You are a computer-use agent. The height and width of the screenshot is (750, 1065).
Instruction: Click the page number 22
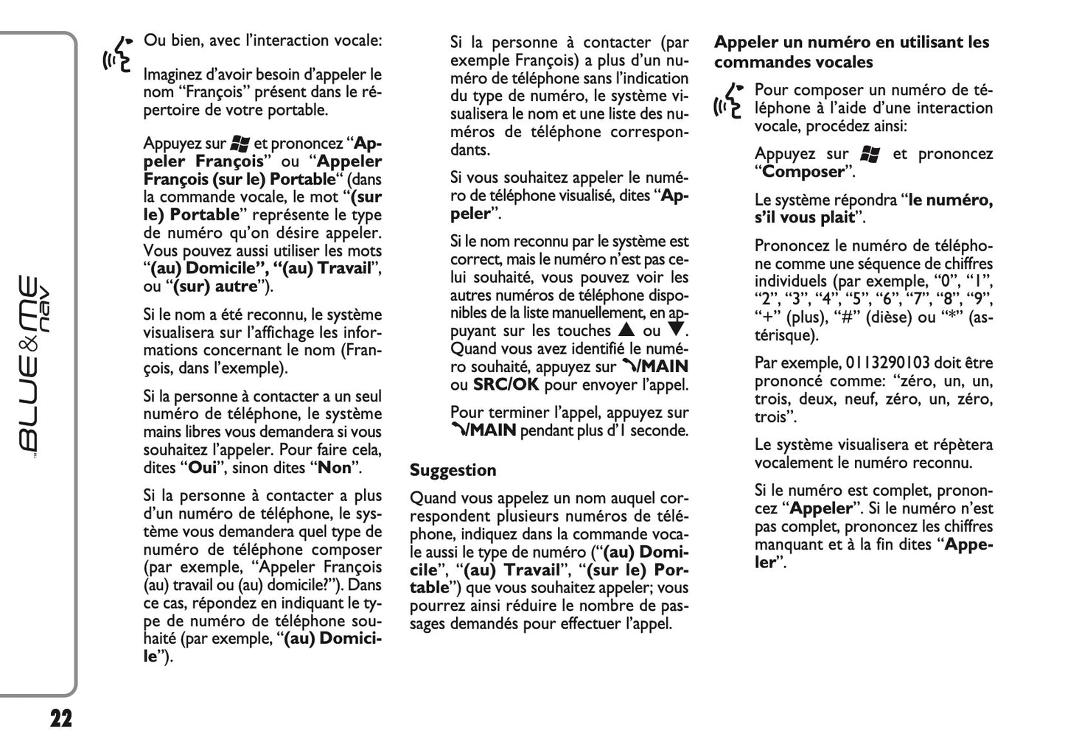[61, 718]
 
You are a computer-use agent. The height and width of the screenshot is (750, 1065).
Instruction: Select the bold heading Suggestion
[453, 470]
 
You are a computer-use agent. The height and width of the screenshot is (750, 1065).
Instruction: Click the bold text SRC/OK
[506, 385]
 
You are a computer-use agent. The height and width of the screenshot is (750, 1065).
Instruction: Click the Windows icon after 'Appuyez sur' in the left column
[240, 144]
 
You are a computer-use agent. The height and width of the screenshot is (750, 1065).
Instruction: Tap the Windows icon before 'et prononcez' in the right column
[870, 154]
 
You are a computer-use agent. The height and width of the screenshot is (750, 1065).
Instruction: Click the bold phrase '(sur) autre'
[215, 287]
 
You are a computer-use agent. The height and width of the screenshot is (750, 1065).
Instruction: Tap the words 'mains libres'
[182, 432]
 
